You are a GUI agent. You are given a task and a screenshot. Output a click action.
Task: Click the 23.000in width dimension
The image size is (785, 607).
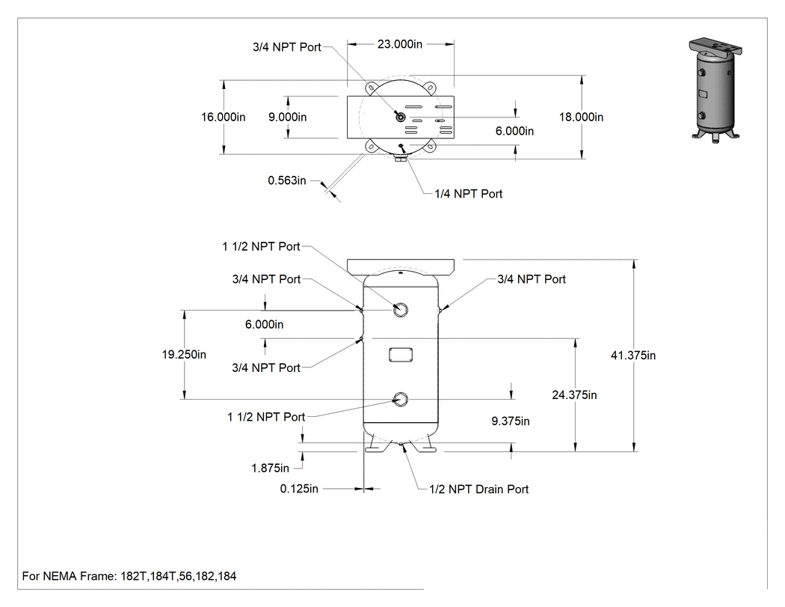399,44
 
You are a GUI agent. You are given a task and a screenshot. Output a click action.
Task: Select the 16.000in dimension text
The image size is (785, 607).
224,117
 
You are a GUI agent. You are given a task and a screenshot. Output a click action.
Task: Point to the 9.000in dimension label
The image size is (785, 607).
287,117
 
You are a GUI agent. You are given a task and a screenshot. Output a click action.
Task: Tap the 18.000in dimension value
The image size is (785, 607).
581,117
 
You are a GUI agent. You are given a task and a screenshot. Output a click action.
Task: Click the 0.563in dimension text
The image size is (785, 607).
287,180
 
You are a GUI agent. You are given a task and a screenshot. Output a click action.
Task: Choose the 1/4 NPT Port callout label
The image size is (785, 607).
468,194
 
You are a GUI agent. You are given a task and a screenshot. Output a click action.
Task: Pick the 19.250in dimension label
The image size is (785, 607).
184,354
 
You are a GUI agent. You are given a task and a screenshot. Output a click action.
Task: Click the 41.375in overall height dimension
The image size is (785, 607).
632,356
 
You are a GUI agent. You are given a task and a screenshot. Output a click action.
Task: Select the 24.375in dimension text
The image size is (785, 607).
574,395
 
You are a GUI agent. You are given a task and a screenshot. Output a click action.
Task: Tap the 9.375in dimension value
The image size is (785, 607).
510,421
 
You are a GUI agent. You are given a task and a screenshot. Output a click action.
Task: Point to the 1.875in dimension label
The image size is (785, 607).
270,468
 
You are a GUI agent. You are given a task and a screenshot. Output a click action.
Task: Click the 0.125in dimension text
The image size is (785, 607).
299,489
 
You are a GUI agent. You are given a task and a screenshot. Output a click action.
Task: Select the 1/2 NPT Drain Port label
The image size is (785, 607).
478,489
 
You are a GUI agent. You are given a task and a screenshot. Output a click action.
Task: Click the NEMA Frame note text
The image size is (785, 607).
129,576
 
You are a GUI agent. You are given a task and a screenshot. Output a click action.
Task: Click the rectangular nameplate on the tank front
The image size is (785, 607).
401,355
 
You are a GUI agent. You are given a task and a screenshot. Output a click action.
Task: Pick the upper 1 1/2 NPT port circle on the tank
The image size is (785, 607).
401,310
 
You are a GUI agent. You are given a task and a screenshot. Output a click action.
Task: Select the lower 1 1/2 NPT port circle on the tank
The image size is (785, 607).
401,400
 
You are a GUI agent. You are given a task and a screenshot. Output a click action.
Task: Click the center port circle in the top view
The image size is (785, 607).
401,118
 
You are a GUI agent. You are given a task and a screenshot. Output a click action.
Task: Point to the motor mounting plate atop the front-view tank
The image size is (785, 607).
401,266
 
